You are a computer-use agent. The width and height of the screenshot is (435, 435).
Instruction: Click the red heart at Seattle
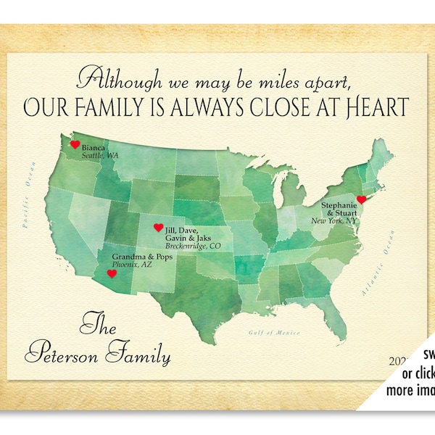pos(75,145)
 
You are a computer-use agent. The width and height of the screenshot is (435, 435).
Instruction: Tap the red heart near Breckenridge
pos(159,228)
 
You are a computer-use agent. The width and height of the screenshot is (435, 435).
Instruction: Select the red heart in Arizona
pos(112,274)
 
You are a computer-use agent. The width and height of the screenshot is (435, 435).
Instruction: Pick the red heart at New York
pos(362,199)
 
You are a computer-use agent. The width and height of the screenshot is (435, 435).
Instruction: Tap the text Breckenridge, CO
pos(194,246)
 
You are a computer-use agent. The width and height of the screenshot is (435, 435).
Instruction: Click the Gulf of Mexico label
pos(268,332)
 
